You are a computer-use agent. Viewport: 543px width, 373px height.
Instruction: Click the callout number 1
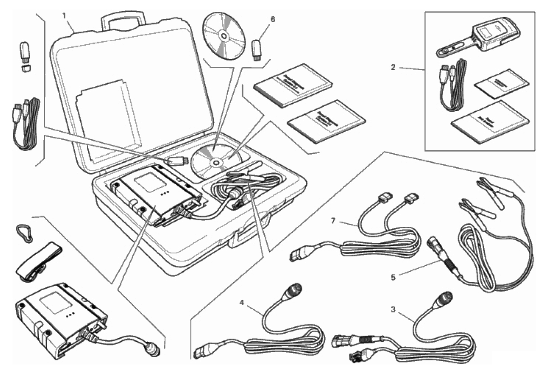(64, 15)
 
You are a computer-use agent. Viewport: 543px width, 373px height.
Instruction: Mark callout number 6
(272, 19)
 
